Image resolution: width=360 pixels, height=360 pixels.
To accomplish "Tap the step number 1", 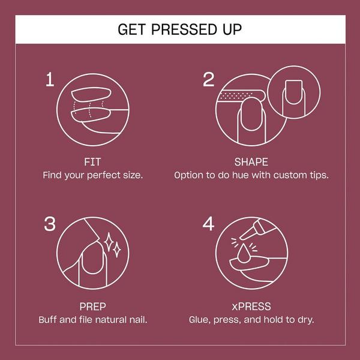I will point(50,79).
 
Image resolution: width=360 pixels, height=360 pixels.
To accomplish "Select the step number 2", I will point(208,79).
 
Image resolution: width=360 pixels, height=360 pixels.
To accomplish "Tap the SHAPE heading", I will point(251,162).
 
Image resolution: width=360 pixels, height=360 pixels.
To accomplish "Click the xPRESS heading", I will point(251,306).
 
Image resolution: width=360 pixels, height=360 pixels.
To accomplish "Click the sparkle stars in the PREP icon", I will point(110,245).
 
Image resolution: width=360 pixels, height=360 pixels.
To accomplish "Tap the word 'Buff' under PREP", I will point(49,320).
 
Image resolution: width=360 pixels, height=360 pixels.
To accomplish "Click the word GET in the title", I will point(132,29).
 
